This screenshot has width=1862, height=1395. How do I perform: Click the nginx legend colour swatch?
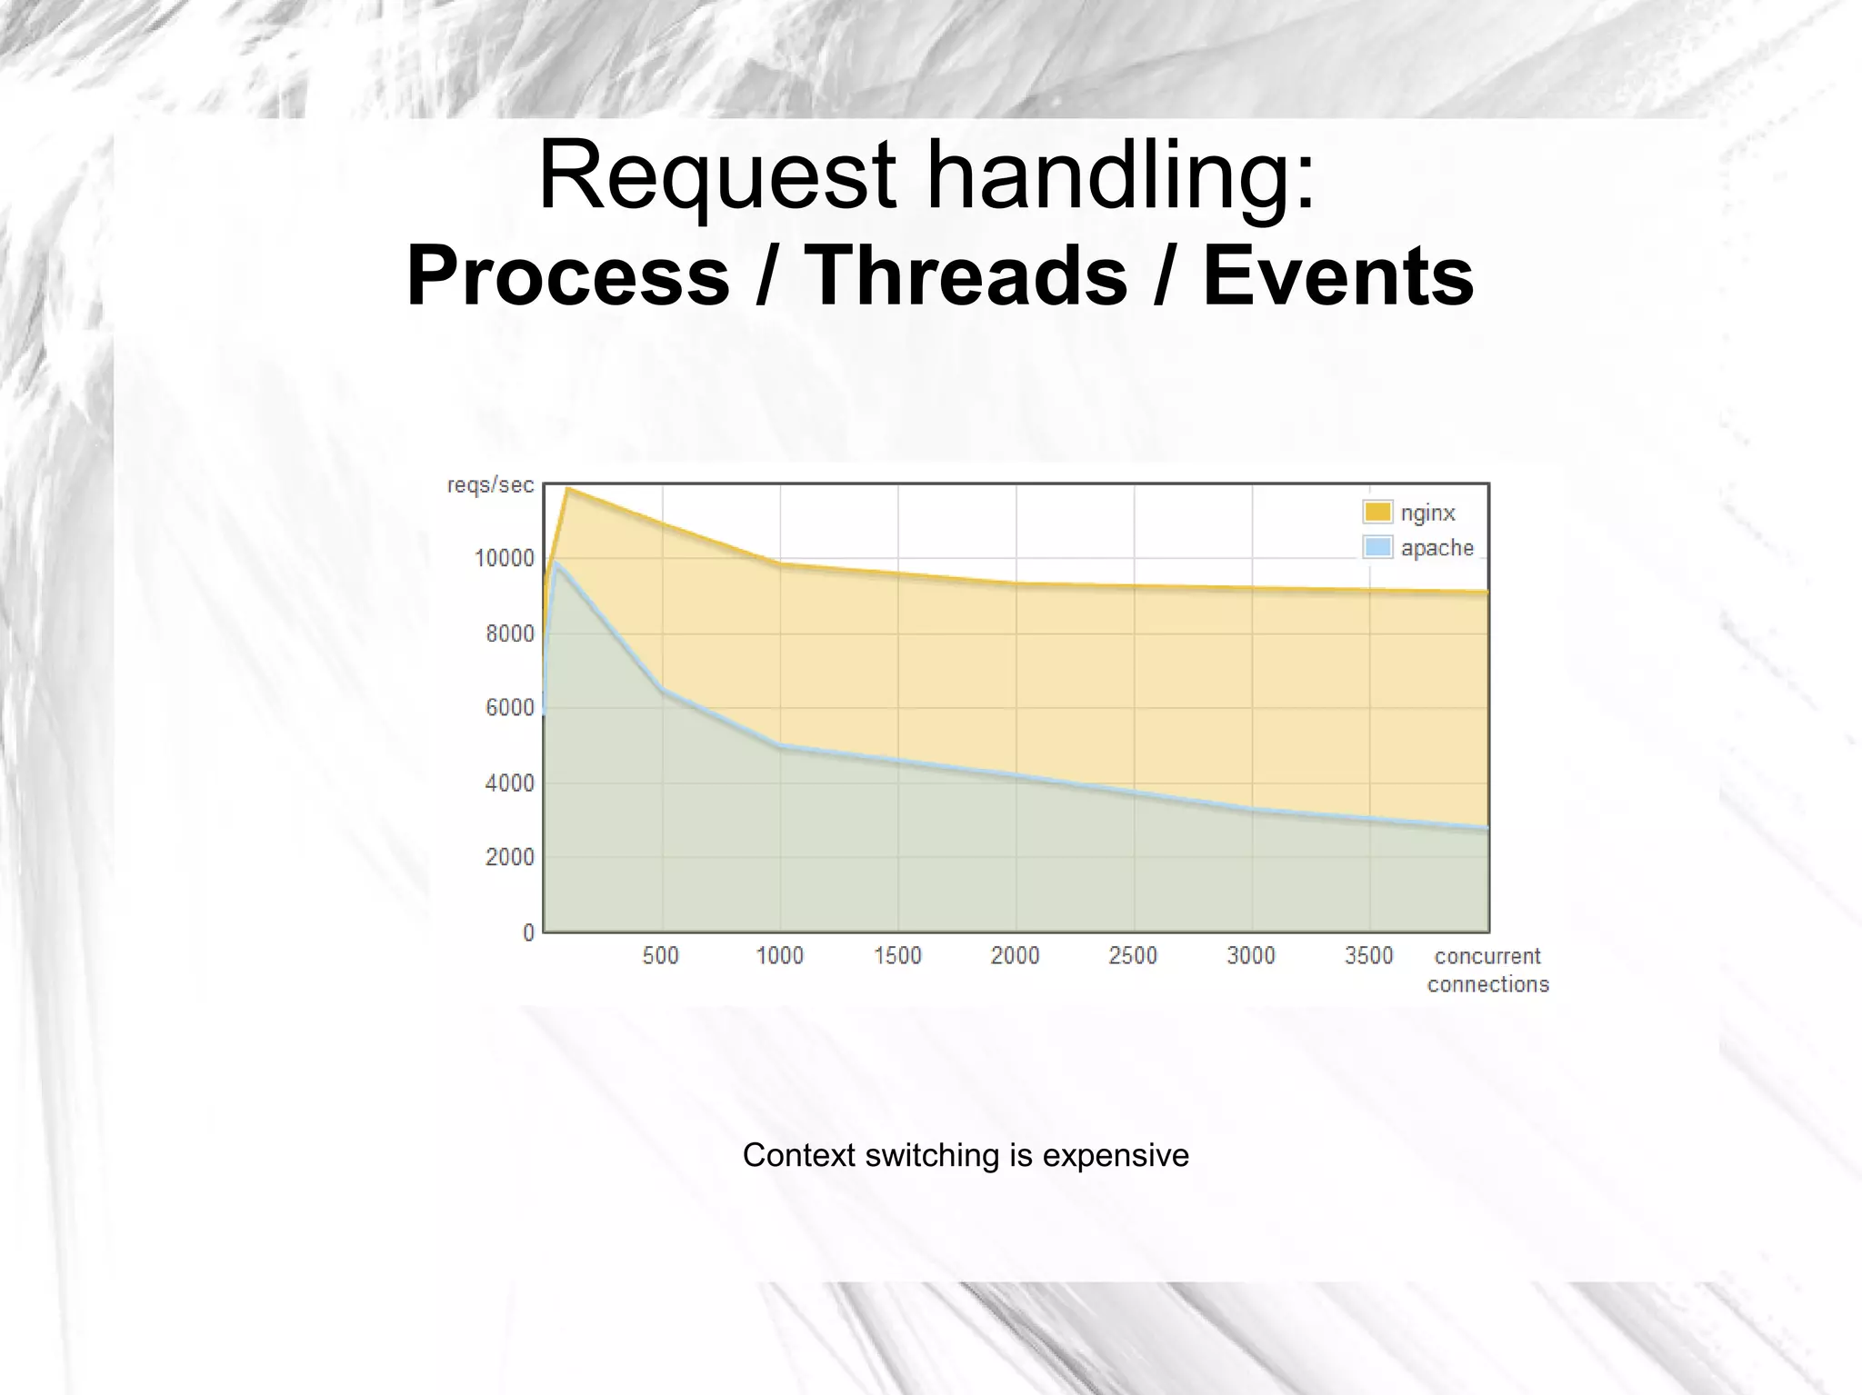pyautogui.click(x=1377, y=513)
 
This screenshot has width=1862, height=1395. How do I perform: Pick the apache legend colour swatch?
pyautogui.click(x=1377, y=547)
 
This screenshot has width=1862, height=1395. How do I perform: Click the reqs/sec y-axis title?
pyautogui.click(x=490, y=485)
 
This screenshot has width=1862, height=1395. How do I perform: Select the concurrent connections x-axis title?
pyautogui.click(x=1487, y=970)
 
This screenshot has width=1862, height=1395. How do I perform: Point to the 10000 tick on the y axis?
pyautogui.click(x=505, y=558)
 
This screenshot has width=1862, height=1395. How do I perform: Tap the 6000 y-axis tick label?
pyautogui.click(x=509, y=708)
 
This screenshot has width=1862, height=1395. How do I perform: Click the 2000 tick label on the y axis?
pyautogui.click(x=509, y=857)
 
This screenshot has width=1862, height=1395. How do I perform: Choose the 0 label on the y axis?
pyautogui.click(x=528, y=932)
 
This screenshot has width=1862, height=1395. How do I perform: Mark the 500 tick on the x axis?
pyautogui.click(x=661, y=956)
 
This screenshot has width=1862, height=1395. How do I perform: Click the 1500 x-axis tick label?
pyautogui.click(x=897, y=956)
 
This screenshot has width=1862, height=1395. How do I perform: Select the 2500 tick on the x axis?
pyautogui.click(x=1133, y=956)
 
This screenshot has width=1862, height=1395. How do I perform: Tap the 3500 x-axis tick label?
pyautogui.click(x=1369, y=956)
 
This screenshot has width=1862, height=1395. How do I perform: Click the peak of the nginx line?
pyautogui.click(x=567, y=489)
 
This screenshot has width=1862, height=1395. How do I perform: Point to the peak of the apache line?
pyautogui.click(x=555, y=562)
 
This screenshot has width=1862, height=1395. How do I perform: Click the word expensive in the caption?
pyautogui.click(x=1116, y=1155)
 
